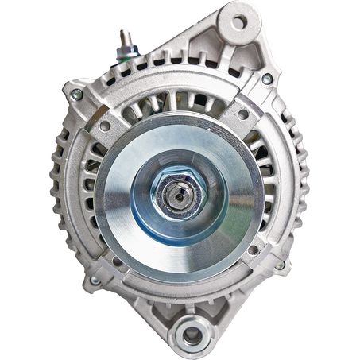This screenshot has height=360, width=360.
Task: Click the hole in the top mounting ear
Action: point(238,17)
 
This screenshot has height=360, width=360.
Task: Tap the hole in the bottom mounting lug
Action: point(192,335)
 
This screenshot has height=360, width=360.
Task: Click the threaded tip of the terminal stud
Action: point(123,35)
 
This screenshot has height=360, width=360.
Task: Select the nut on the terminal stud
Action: point(124,49)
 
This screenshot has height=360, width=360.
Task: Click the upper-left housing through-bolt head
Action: point(77,95)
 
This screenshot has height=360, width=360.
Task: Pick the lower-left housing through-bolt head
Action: point(95,280)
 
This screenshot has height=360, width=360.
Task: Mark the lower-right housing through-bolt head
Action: point(280,265)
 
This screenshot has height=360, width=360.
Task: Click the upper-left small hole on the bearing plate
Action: point(104,126)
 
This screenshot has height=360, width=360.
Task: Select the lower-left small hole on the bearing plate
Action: point(118,260)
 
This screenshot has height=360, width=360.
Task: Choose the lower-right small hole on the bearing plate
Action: point(253,249)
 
